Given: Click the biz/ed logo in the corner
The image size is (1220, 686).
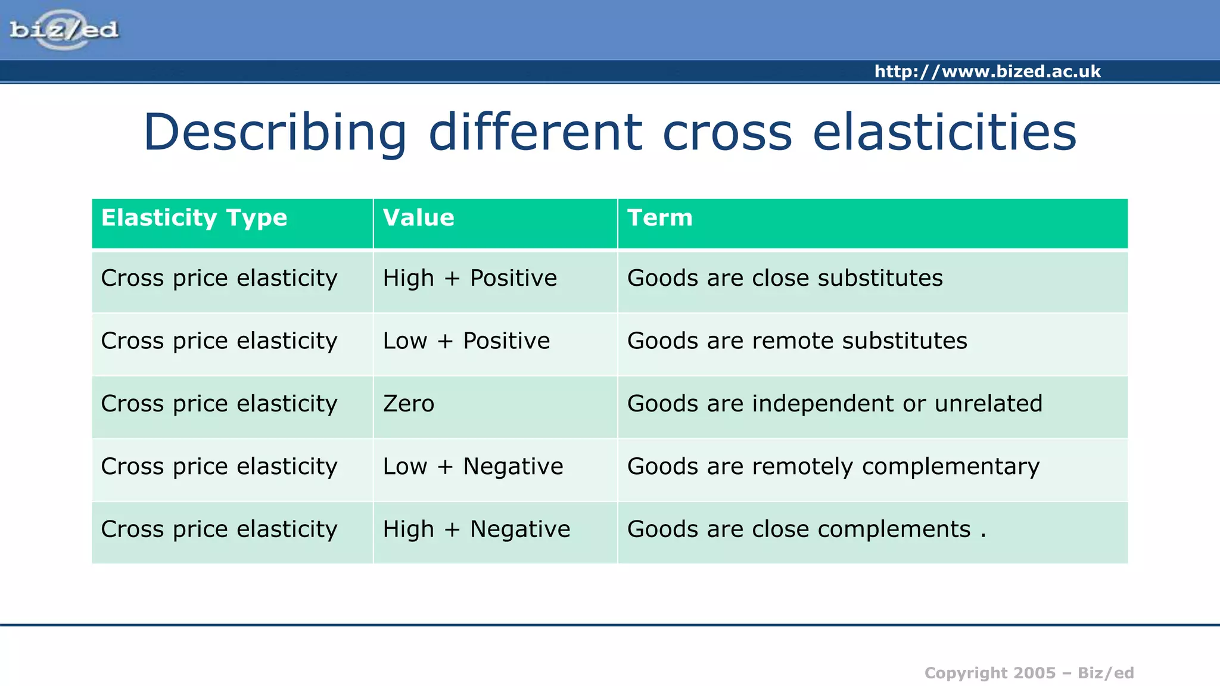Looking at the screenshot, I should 64,30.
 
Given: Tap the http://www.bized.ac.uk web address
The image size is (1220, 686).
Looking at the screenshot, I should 987,71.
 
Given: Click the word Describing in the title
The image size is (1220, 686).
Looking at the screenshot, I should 275,132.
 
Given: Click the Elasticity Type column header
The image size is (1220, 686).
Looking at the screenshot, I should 194,218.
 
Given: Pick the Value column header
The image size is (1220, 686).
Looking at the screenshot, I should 418,218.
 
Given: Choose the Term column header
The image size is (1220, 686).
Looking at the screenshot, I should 659,218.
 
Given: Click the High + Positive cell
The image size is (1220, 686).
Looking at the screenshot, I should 469,278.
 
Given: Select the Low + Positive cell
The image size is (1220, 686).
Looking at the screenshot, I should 466,341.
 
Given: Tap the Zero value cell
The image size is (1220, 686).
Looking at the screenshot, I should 409,404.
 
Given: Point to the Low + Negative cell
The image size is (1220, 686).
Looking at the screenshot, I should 472,466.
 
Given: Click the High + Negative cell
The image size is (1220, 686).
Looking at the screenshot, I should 476,529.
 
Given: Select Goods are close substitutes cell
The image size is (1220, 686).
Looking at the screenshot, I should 785,278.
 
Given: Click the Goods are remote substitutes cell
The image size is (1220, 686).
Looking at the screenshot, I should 796,341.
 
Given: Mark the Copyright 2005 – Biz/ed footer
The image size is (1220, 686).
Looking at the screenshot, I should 1029,673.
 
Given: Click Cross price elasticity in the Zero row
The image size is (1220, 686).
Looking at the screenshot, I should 219,404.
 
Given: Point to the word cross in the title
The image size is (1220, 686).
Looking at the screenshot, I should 727,132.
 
